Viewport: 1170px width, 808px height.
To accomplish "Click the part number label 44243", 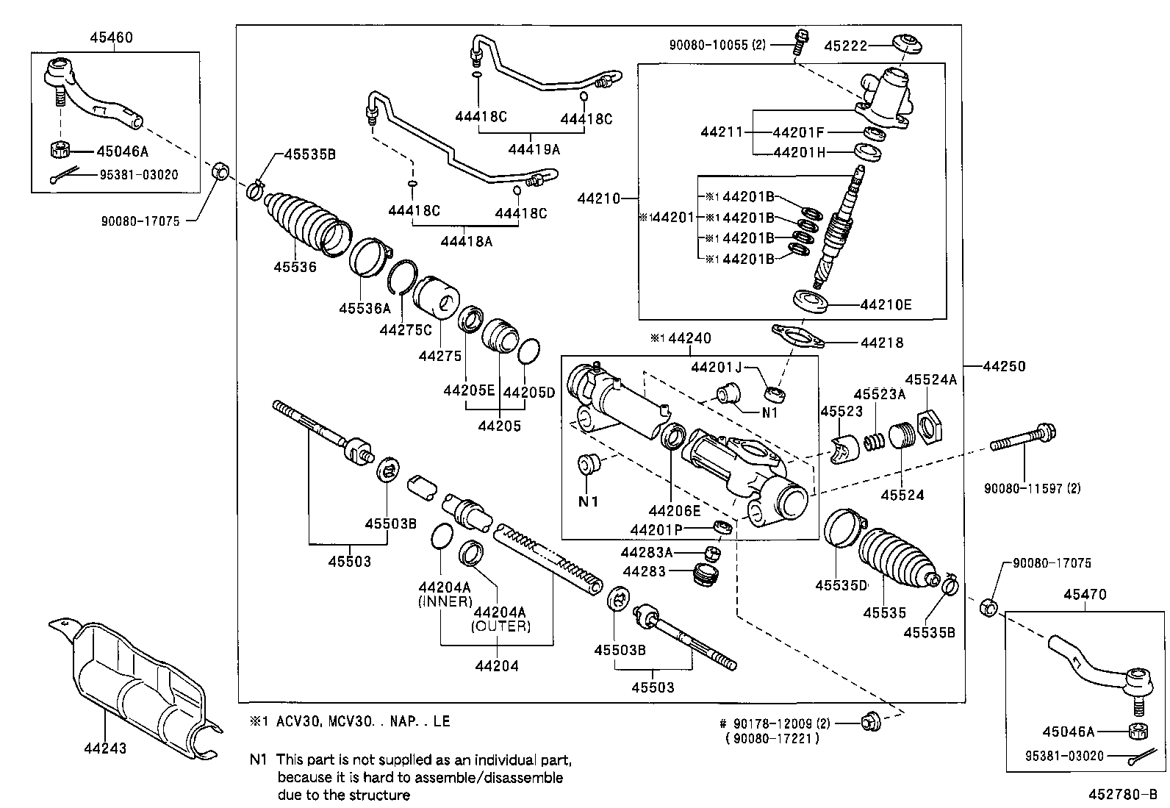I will (x=104, y=748).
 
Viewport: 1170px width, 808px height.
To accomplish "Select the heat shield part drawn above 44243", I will (x=136, y=684).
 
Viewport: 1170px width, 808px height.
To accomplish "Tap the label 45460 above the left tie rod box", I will (x=112, y=37).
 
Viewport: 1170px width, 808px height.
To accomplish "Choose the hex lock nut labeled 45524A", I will (x=929, y=426).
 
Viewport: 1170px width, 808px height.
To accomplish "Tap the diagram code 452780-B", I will (x=1122, y=796).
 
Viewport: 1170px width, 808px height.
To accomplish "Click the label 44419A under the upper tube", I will (x=534, y=149).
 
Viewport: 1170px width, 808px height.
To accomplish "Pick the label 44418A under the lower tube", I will (x=466, y=240).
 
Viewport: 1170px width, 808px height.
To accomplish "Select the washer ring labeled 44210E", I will (x=812, y=301).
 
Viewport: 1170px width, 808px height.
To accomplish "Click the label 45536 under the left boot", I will (x=295, y=267).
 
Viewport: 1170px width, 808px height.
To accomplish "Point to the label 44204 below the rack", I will (x=497, y=666).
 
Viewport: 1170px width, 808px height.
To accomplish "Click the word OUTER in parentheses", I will (x=500, y=626).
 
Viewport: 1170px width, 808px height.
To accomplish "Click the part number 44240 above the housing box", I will (x=690, y=339).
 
